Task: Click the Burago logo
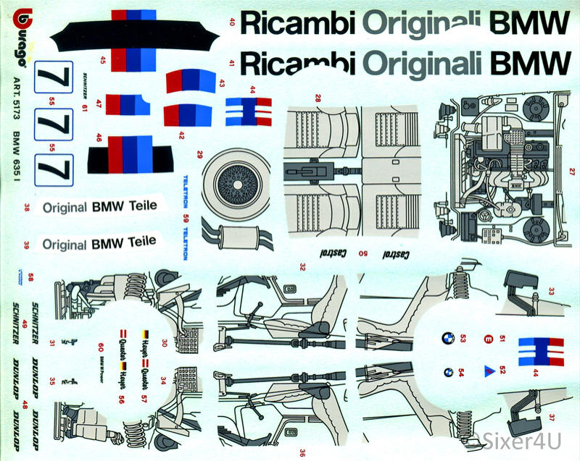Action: coord(20,36)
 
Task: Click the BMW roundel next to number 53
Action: coord(448,338)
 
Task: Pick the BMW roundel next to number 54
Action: coord(448,372)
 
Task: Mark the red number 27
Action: coord(572,172)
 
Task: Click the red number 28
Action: coord(318,98)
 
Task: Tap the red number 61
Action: coord(86,109)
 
